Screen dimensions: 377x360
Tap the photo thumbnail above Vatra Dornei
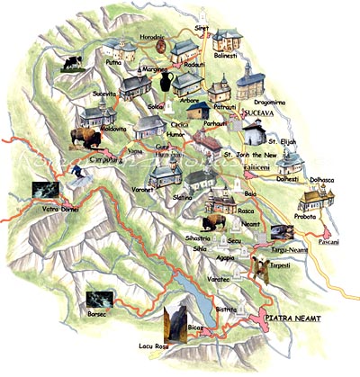[45, 191]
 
